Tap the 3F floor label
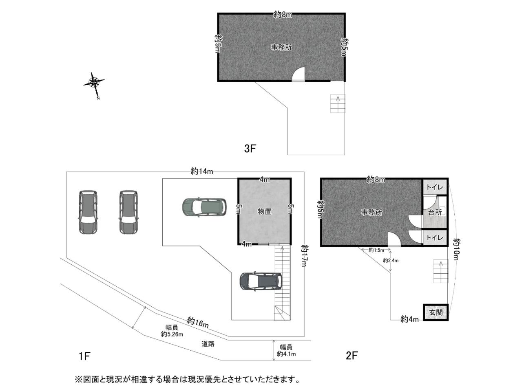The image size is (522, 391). [250, 149]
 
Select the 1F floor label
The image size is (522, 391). [84, 356]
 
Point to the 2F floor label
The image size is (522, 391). [352, 356]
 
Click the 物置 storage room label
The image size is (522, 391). [264, 211]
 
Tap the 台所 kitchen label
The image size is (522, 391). [435, 213]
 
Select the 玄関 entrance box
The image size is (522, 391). [436, 312]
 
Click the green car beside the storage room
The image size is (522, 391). [204, 207]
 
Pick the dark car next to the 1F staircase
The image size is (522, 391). [261, 281]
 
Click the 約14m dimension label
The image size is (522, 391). [202, 171]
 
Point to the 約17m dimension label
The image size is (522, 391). [304, 256]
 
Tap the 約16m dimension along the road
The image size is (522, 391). [198, 322]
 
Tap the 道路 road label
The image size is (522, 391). [208, 344]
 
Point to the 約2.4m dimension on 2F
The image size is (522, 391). [391, 260]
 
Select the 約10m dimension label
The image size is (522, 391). [457, 249]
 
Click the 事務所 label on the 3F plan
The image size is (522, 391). [281, 48]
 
